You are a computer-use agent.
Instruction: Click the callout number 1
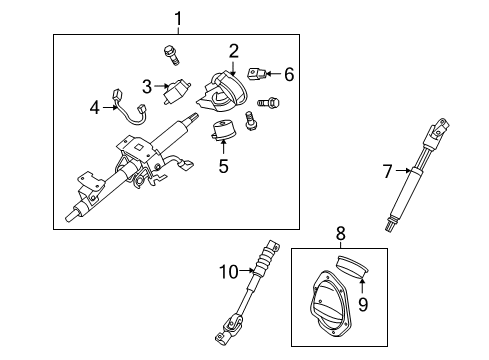coord(178,17)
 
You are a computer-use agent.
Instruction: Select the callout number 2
coord(233,51)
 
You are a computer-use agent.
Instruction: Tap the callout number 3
coord(146,86)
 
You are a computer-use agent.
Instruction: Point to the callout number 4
coord(95,105)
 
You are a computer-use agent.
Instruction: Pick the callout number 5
coord(223,165)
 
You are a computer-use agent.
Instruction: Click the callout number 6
coord(289,73)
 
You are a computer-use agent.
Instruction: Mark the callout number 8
coord(340,234)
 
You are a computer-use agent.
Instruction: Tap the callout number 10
coord(228,270)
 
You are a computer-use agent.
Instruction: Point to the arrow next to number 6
coord(274,73)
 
